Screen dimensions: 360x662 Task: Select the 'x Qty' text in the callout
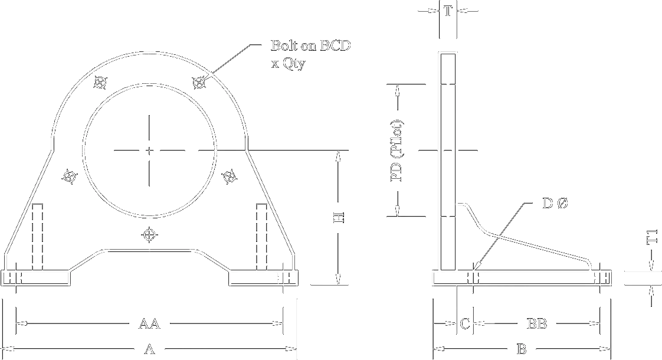(x=287, y=64)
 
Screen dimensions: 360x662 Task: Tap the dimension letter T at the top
(x=448, y=11)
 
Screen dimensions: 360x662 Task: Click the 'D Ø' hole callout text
(x=555, y=204)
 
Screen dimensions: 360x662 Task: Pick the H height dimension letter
(x=338, y=219)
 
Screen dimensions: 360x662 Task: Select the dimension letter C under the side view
(x=464, y=324)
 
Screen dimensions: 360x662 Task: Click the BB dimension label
(x=537, y=324)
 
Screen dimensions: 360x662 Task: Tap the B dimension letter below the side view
(x=522, y=349)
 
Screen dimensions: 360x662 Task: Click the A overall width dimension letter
(x=150, y=349)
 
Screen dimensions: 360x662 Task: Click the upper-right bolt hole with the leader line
(x=201, y=81)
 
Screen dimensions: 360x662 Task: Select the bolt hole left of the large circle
(x=70, y=176)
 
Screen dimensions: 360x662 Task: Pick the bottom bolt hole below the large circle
(x=150, y=235)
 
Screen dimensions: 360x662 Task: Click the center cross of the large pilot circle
(x=149, y=149)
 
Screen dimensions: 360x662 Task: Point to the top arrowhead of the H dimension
(x=338, y=158)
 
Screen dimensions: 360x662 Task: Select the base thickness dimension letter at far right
(x=651, y=238)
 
